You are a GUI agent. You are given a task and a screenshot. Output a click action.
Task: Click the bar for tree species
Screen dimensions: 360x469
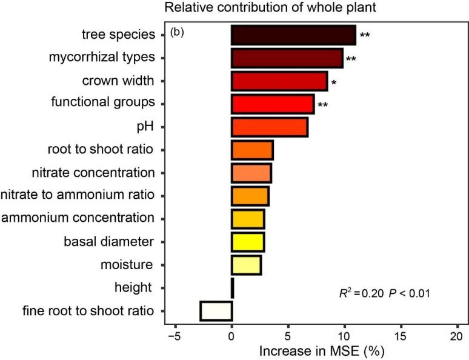point(293,35)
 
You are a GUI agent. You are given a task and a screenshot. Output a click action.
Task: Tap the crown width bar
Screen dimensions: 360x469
point(279,81)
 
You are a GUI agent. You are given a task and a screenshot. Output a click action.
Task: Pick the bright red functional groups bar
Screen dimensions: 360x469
point(272,104)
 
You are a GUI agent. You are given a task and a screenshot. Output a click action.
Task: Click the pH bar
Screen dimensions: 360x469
point(269,127)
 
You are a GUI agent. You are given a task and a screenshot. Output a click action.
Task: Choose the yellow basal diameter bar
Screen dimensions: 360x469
point(247,242)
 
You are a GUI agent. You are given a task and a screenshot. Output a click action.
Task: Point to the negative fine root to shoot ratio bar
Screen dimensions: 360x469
point(216,310)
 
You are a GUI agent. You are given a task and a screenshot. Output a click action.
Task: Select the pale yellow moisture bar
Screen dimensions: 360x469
point(246,265)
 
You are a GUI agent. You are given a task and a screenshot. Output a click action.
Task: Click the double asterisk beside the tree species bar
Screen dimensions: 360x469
point(365,35)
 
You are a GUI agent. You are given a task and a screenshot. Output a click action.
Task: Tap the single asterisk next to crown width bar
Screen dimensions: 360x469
point(333,82)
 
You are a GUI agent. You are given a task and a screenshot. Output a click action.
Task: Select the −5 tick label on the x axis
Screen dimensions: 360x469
point(174,335)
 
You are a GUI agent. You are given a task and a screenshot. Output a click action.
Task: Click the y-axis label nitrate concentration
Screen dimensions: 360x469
point(93,173)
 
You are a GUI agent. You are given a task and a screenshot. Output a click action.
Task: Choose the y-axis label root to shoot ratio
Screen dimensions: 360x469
point(101,150)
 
